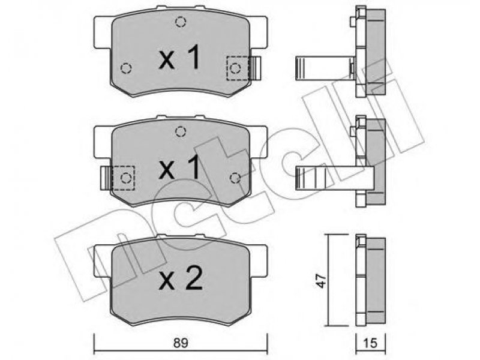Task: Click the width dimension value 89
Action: (x=181, y=343)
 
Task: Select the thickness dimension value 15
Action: (x=370, y=343)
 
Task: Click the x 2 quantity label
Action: (x=181, y=278)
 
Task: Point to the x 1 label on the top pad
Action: (x=179, y=57)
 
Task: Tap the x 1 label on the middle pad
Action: (x=179, y=167)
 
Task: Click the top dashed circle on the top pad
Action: (x=181, y=22)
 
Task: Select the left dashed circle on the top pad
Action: (x=126, y=68)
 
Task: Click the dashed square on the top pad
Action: (x=238, y=68)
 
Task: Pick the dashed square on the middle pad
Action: (x=124, y=178)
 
